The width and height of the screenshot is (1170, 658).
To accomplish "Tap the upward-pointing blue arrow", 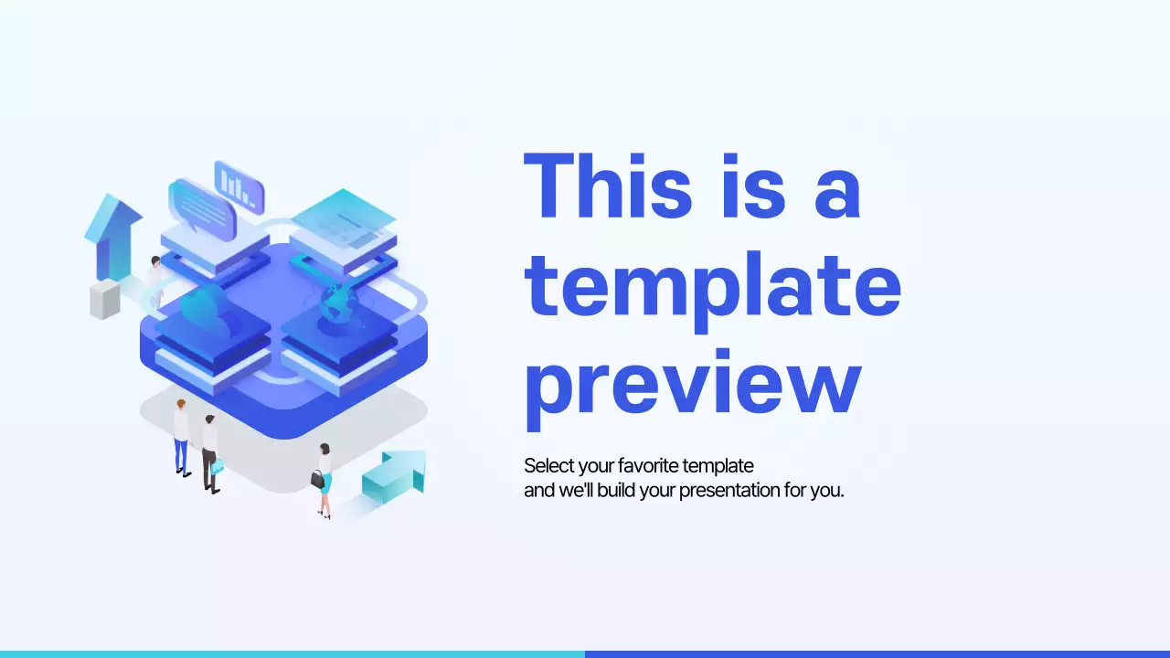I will click(x=112, y=233).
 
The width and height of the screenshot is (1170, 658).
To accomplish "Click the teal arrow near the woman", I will click(x=395, y=475).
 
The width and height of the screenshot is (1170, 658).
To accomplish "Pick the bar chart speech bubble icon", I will click(x=239, y=186).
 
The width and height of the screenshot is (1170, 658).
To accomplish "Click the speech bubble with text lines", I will click(x=202, y=209).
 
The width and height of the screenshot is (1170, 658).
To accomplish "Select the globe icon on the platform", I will click(x=335, y=302).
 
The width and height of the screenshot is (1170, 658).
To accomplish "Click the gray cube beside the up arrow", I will click(x=104, y=299).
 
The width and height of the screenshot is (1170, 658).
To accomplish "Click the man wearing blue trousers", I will click(x=181, y=437).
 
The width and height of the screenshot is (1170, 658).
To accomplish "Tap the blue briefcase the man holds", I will click(x=218, y=467).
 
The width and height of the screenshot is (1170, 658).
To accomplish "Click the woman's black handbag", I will click(x=317, y=480).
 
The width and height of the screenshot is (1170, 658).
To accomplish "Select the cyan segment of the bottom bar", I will click(x=292, y=653).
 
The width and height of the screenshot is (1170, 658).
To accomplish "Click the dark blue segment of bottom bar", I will click(x=877, y=653).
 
